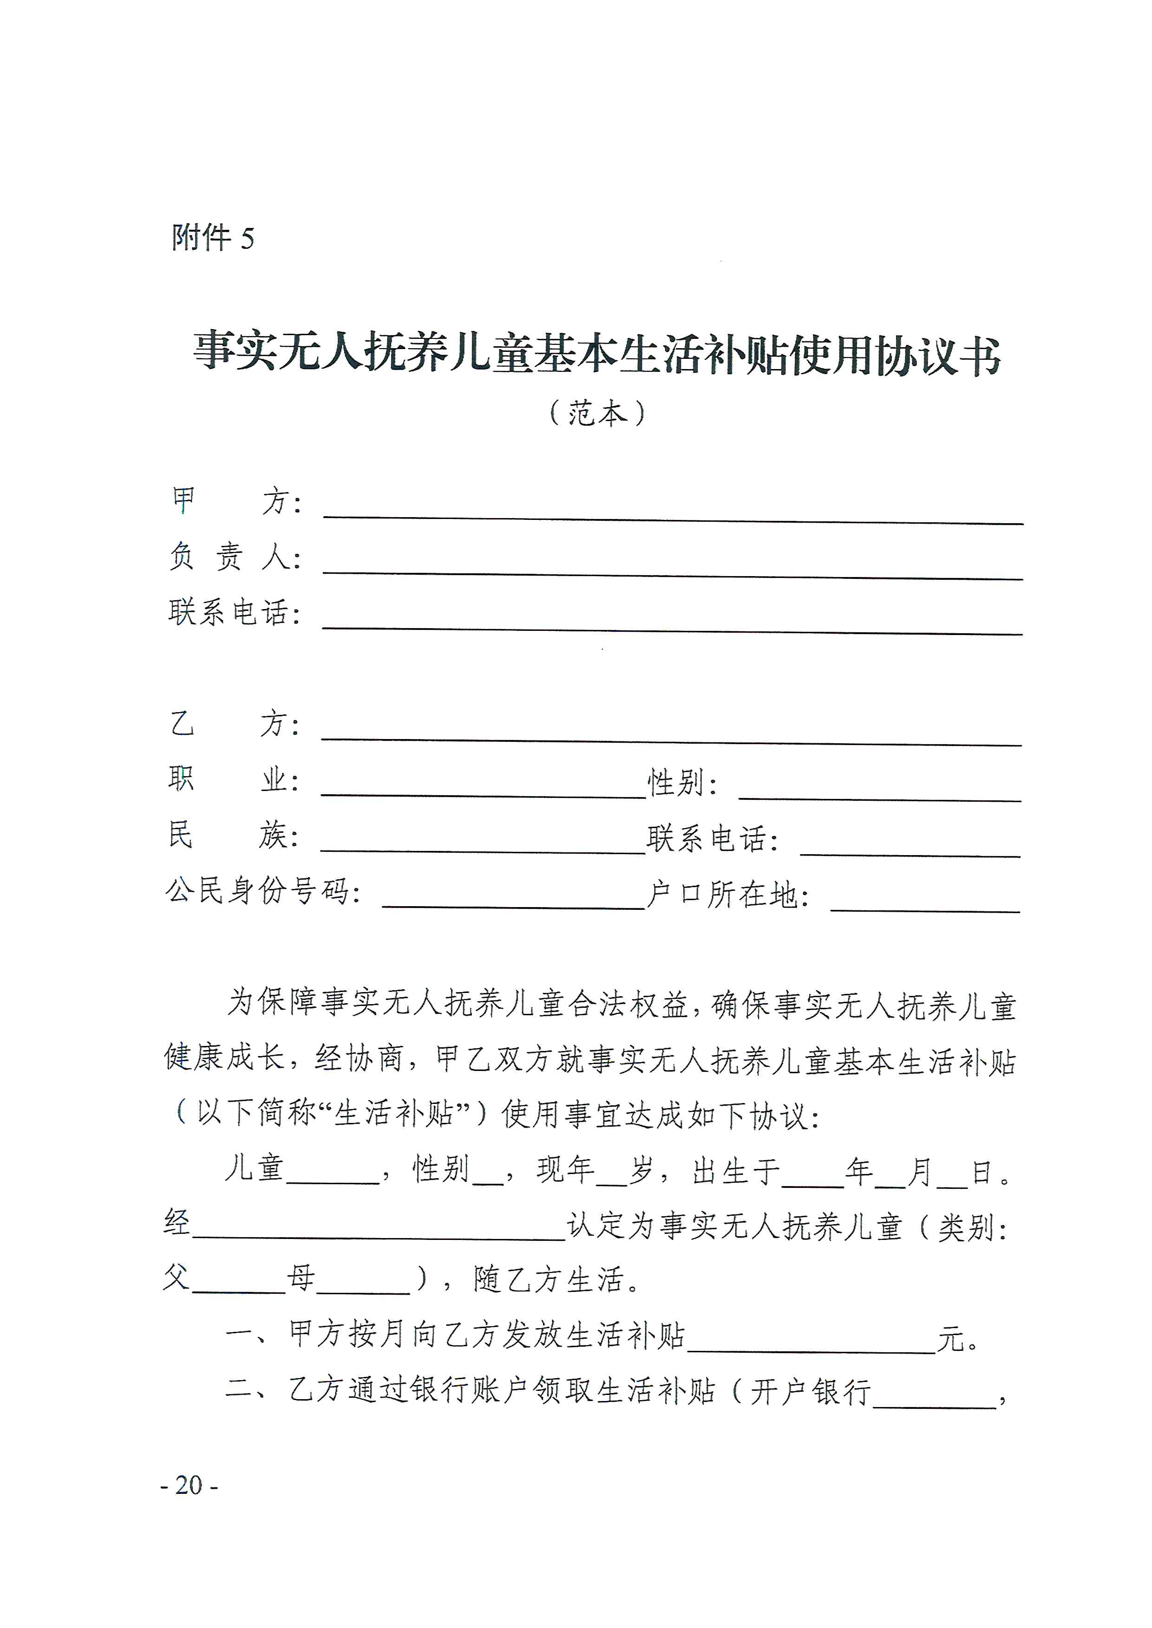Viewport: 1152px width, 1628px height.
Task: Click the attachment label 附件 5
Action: click(212, 238)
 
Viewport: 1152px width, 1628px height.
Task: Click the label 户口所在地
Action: click(728, 895)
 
